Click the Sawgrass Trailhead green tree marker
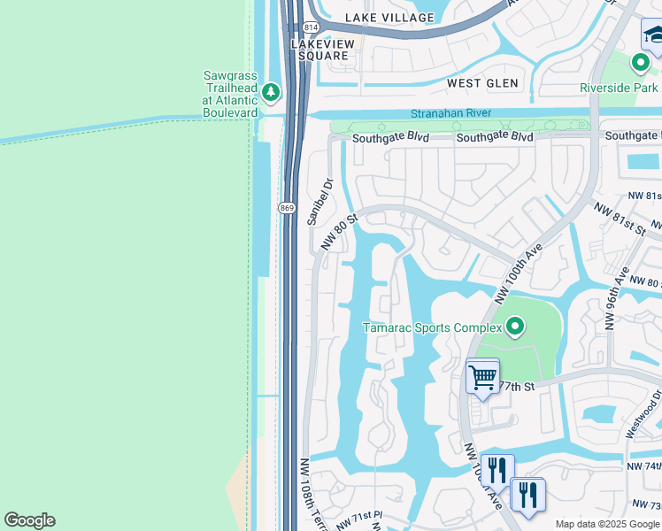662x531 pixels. tap(271, 92)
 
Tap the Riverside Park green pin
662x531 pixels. tap(640, 64)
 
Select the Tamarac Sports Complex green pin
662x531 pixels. tap(515, 327)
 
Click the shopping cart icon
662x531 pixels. tap(482, 377)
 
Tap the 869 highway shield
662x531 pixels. tap(286, 208)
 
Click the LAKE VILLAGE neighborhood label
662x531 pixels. tap(389, 18)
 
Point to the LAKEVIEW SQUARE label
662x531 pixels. tap(322, 49)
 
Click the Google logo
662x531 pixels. tap(29, 520)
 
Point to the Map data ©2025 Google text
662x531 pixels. tap(606, 524)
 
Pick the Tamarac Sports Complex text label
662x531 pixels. tap(433, 328)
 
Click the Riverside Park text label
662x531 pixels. tap(619, 88)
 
